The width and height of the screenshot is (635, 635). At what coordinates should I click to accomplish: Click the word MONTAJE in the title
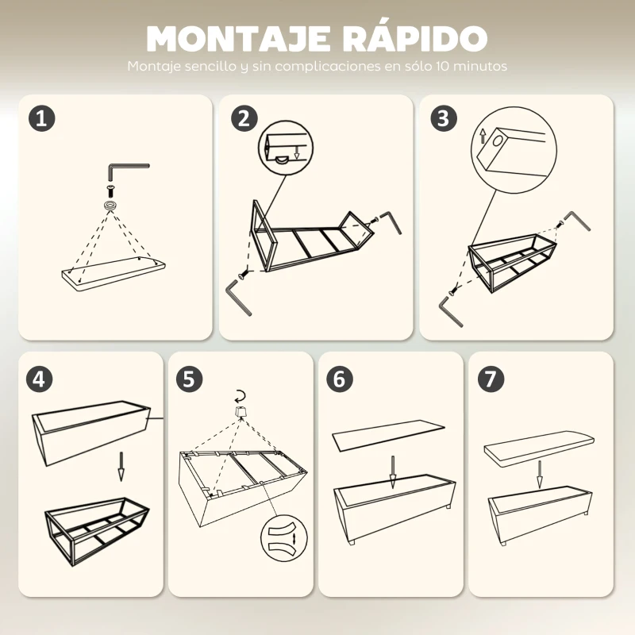click(x=227, y=38)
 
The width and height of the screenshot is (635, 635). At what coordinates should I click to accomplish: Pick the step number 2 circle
click(x=244, y=118)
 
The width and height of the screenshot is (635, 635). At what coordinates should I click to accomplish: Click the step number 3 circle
click(x=444, y=118)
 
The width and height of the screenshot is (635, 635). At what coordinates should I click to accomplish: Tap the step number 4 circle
click(x=41, y=378)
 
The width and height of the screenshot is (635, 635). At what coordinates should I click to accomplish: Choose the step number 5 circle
click(x=188, y=378)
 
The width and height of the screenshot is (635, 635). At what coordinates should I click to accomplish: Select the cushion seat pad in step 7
click(x=540, y=446)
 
